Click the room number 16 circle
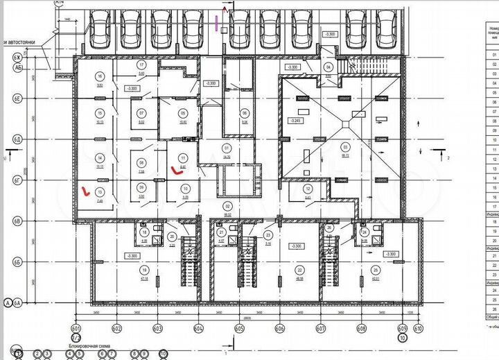pos(100,76)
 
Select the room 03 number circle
pos(344,147)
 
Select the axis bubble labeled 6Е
pos(17,101)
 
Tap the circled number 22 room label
pos(299,270)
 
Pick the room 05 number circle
pos(182,112)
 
